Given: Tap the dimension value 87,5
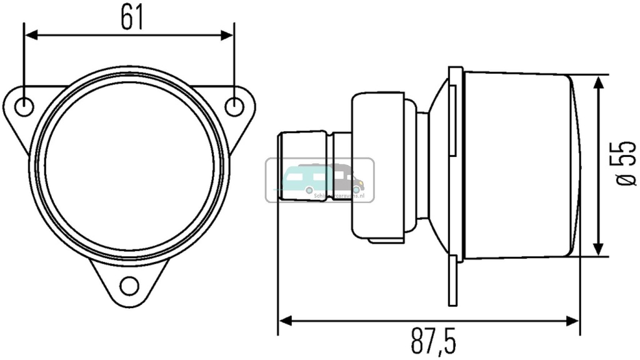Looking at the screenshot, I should point(433,342).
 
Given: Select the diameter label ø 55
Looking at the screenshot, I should point(625,164).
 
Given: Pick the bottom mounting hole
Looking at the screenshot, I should point(129,286).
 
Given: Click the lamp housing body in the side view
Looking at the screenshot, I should point(516,166).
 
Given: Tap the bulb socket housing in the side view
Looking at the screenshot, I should point(378,166).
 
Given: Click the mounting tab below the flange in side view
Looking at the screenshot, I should point(453,284).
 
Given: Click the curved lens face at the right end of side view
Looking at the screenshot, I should point(575,166).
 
